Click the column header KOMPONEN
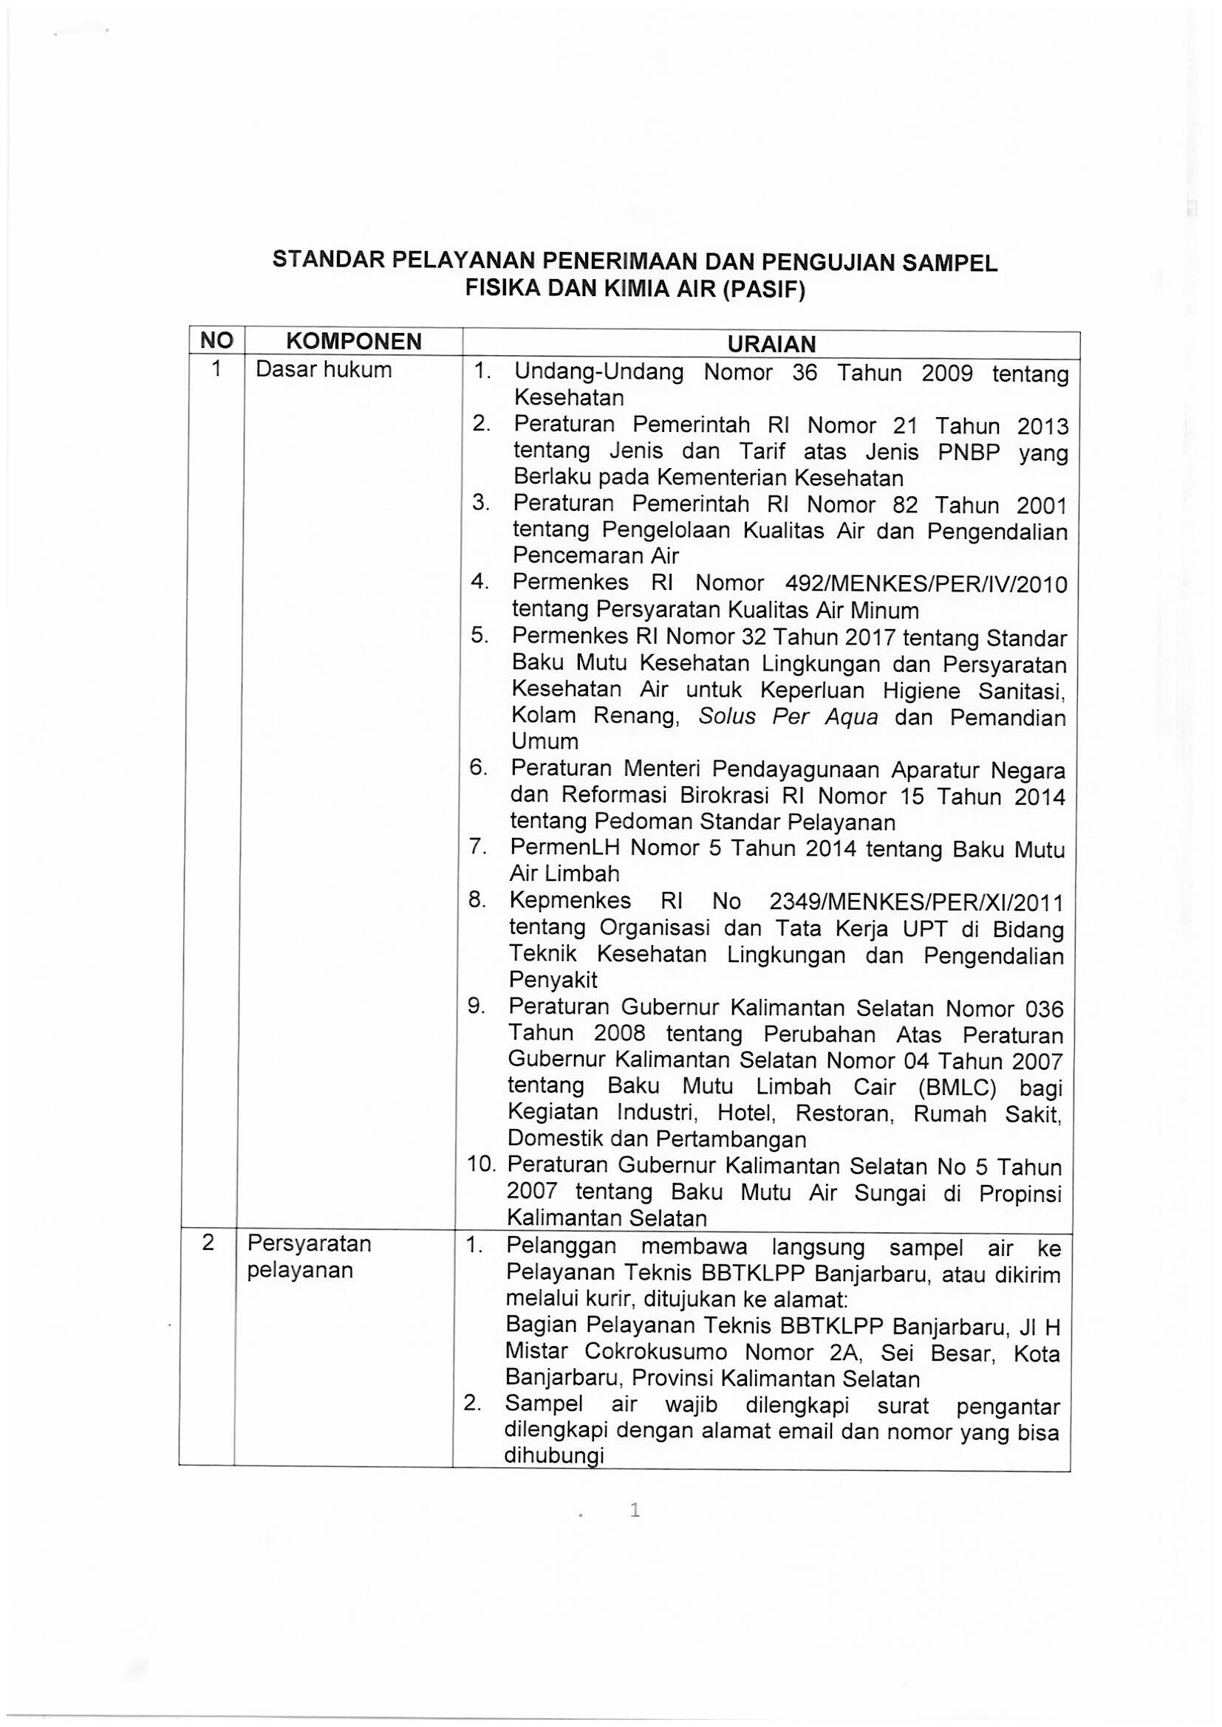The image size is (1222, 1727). coord(353,343)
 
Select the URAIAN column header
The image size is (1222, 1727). coord(771,344)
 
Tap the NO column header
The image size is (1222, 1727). coord(216,342)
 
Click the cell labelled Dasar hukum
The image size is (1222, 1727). coord(324,370)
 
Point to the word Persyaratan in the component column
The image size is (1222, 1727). coord(310,1243)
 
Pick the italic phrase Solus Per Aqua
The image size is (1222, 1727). coord(788,716)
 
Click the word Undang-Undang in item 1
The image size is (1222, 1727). coord(599,373)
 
